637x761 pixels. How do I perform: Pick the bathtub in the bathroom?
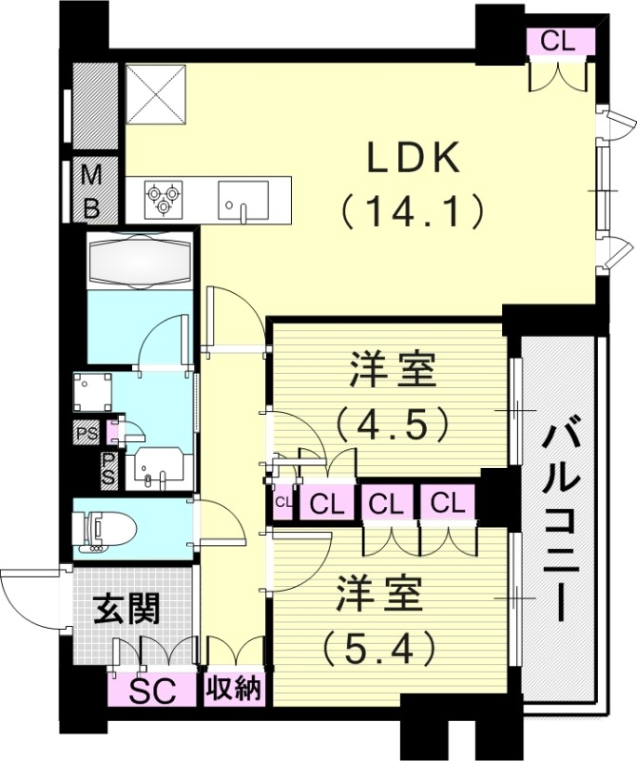point(140,259)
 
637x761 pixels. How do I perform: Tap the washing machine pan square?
point(93,392)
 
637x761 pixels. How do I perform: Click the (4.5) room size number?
point(392,423)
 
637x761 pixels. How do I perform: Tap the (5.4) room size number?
point(378,649)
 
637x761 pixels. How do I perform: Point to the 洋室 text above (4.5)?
point(392,370)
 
